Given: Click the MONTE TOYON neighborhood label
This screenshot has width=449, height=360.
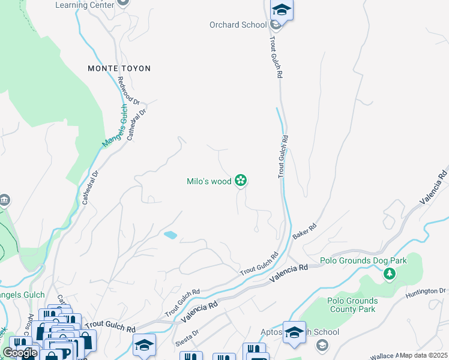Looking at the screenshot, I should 119,68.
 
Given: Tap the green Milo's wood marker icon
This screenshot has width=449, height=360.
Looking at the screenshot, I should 241,180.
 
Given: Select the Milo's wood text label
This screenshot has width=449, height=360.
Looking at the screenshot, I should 209,181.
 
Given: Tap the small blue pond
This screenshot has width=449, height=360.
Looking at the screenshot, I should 170,235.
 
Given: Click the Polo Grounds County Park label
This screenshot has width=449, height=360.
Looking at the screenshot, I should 352,305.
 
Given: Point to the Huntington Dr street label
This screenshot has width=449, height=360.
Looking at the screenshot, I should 426,291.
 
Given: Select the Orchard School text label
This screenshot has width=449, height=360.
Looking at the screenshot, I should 238,25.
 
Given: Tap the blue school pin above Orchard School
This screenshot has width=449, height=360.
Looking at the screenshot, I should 281,11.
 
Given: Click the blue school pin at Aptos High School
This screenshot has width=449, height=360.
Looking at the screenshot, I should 294,332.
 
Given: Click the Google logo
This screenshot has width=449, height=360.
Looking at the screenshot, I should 20,353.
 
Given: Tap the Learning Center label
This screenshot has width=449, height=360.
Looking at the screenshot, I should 84,5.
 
